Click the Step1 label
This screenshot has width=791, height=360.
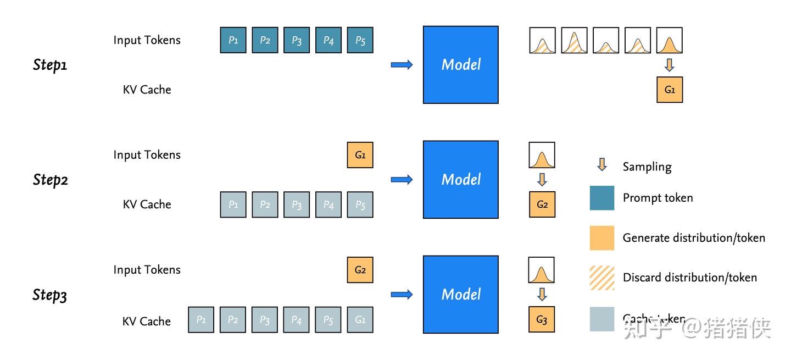(x=50, y=65)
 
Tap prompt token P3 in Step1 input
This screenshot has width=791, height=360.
(x=297, y=40)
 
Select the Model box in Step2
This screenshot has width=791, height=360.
(x=460, y=179)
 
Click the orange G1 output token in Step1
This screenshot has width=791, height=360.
(x=670, y=90)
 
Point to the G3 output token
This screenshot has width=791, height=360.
(x=542, y=319)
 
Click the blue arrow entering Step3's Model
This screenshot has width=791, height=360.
(x=402, y=295)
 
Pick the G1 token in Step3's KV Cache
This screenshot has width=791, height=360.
(x=360, y=319)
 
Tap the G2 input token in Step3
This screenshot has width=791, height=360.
(x=360, y=270)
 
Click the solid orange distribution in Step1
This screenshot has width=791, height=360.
(x=669, y=40)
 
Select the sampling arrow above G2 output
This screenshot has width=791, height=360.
(x=542, y=180)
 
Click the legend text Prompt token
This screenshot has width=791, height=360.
(x=658, y=198)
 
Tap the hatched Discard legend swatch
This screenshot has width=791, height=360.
(x=602, y=278)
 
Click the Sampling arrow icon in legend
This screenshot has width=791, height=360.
(x=602, y=165)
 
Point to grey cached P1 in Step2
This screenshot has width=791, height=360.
(x=233, y=204)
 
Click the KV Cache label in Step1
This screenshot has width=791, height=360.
(x=147, y=90)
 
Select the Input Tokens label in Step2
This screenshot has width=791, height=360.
(x=147, y=155)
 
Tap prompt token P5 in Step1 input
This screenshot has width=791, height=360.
(x=360, y=40)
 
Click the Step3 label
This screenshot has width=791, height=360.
(x=50, y=295)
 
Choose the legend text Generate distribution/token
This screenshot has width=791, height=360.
(x=693, y=238)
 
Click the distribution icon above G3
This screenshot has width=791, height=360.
(x=541, y=270)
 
